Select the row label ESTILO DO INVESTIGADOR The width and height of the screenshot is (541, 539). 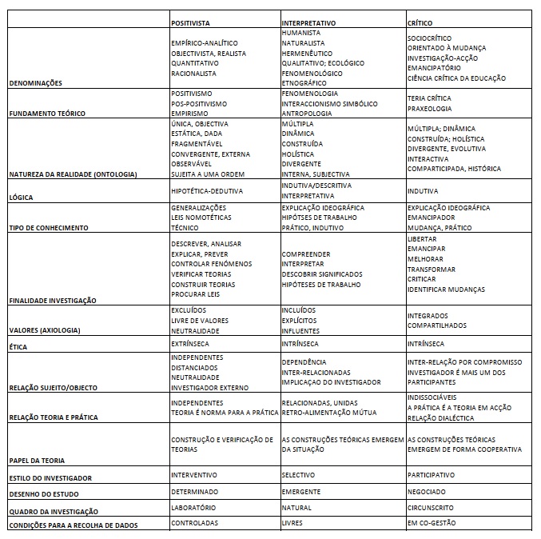point(50,478)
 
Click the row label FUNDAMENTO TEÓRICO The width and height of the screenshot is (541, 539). point(46,114)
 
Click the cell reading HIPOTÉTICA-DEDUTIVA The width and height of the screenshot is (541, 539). point(207,191)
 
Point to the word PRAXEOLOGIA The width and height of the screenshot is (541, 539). point(429,108)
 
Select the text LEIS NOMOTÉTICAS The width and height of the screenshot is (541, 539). point(201,218)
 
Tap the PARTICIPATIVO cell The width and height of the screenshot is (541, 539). point(431,475)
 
